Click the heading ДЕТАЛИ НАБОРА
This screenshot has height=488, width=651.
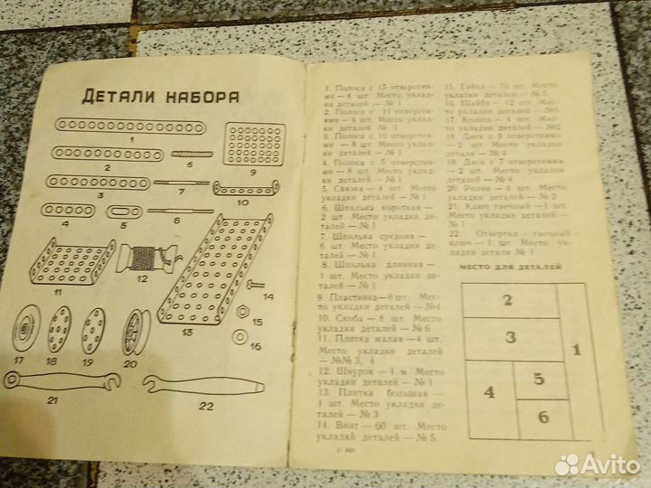(x=160, y=94)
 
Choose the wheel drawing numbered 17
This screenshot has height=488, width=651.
(x=25, y=334)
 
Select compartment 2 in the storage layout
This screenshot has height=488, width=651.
(x=509, y=302)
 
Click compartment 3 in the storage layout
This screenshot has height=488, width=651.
(x=512, y=338)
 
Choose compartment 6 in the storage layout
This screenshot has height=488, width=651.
(x=543, y=418)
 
